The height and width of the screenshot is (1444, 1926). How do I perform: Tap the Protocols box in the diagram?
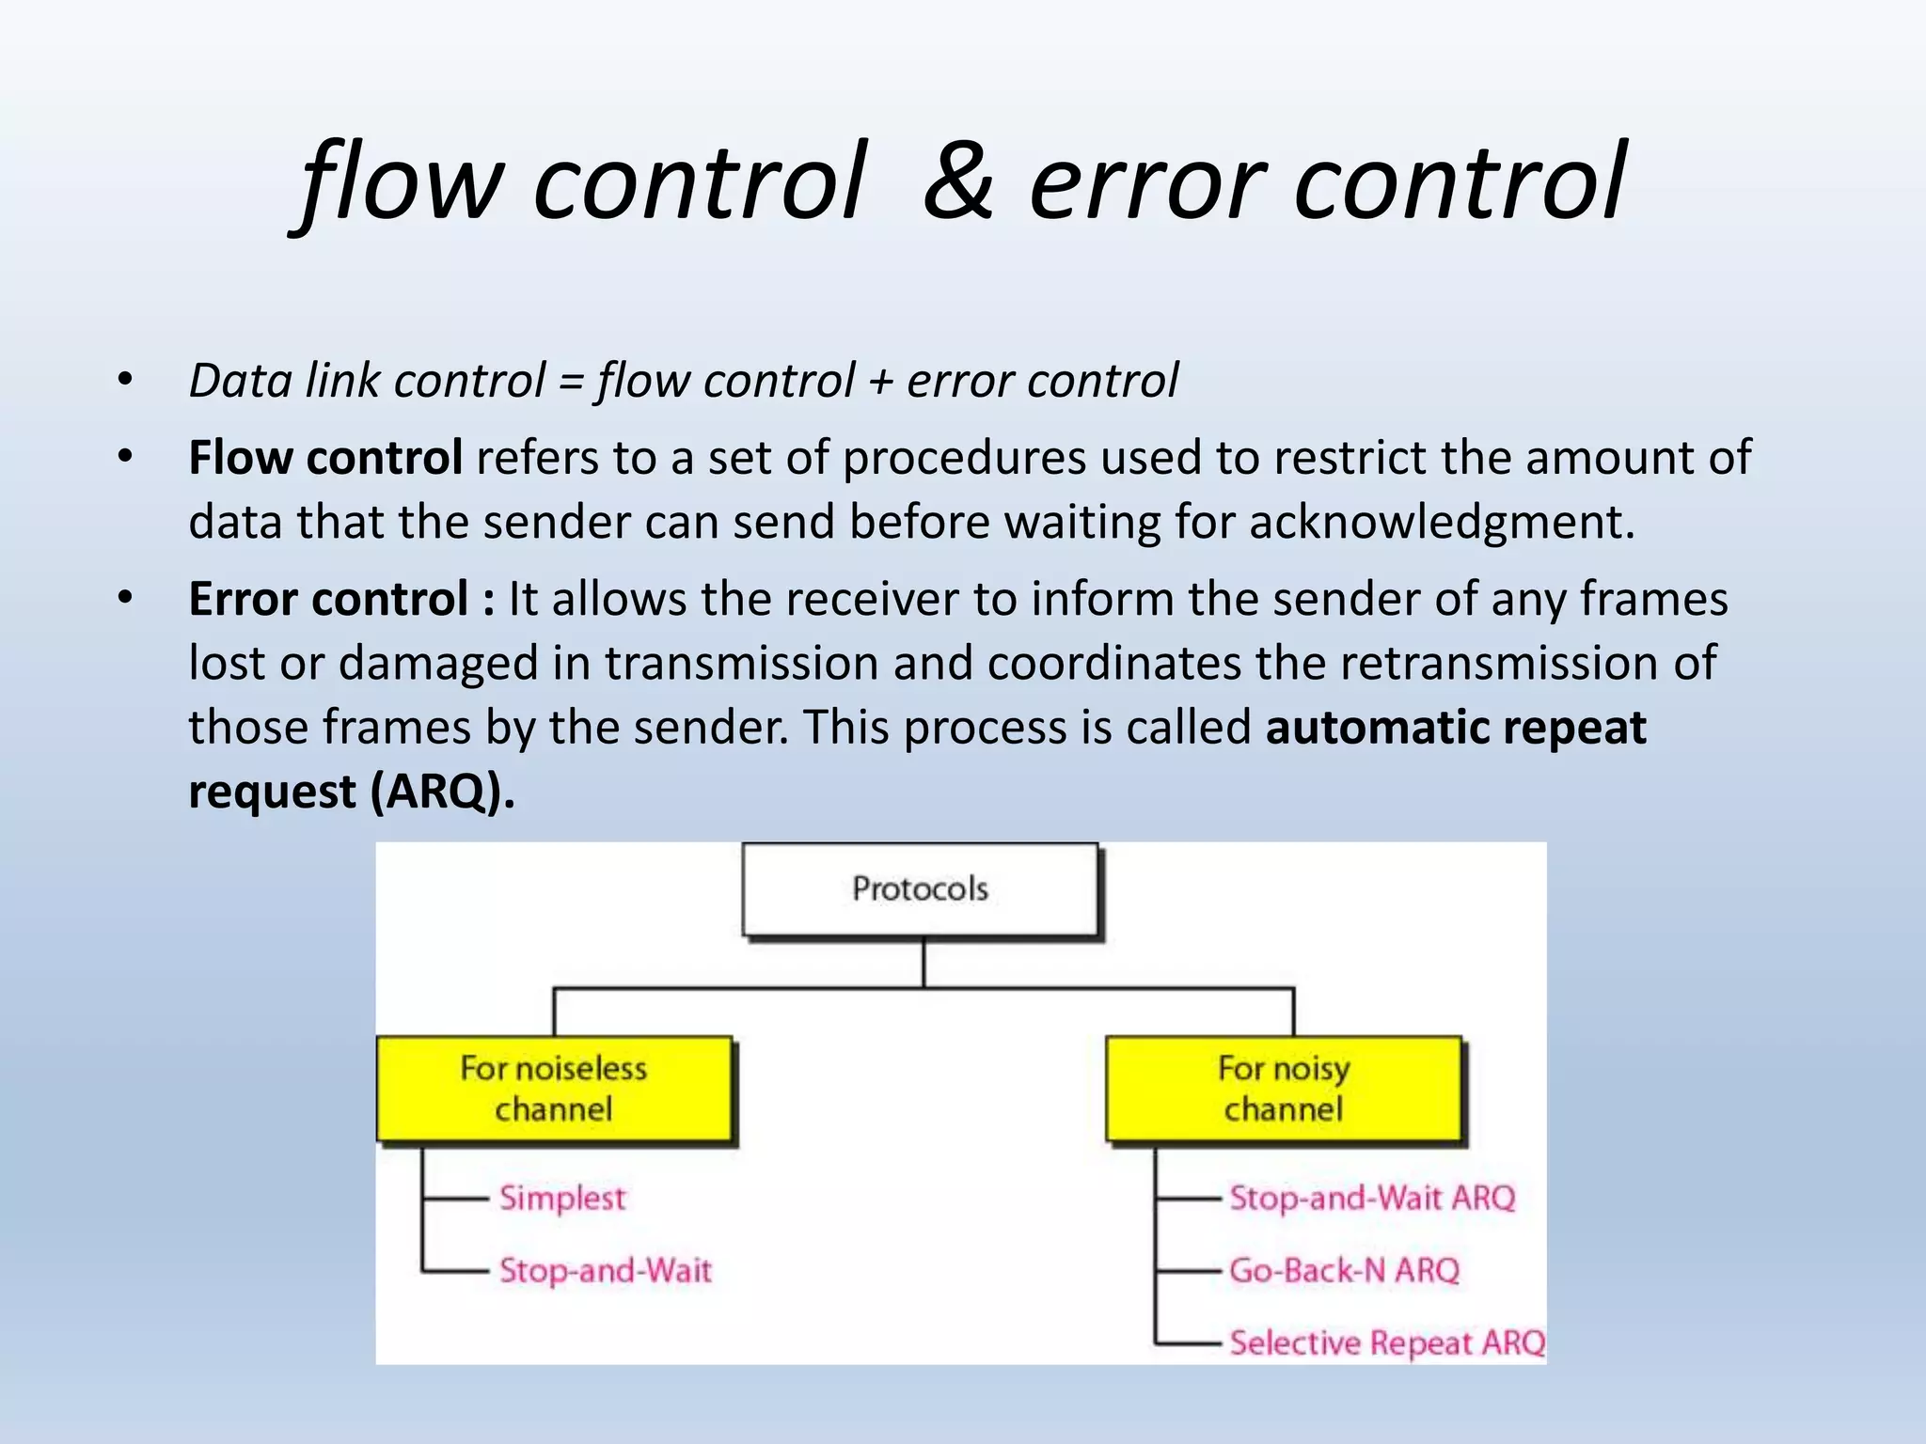pyautogui.click(x=920, y=889)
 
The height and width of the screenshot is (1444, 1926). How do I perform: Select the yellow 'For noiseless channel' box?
pyautogui.click(x=554, y=1089)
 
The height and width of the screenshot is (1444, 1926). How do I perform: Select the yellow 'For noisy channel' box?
pyautogui.click(x=1284, y=1089)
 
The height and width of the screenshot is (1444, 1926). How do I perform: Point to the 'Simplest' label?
pyautogui.click(x=561, y=1199)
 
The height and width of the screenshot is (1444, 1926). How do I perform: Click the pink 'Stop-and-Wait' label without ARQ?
pyautogui.click(x=605, y=1271)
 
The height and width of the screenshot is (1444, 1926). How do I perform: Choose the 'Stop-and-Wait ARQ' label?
pyautogui.click(x=1372, y=1199)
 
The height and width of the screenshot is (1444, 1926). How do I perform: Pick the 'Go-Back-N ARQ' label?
pyautogui.click(x=1344, y=1271)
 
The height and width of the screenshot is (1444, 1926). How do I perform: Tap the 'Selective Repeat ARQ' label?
pyautogui.click(x=1387, y=1342)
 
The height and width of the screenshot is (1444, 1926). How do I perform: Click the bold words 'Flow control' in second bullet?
pyautogui.click(x=324, y=459)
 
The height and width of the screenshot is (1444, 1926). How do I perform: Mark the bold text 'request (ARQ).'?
pyautogui.click(x=351, y=793)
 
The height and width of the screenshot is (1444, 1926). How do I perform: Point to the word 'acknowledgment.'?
pyautogui.click(x=1442, y=523)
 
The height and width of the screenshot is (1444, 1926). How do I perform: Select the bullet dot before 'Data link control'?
pyautogui.click(x=125, y=381)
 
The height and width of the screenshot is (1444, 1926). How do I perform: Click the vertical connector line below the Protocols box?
pyautogui.click(x=924, y=964)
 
